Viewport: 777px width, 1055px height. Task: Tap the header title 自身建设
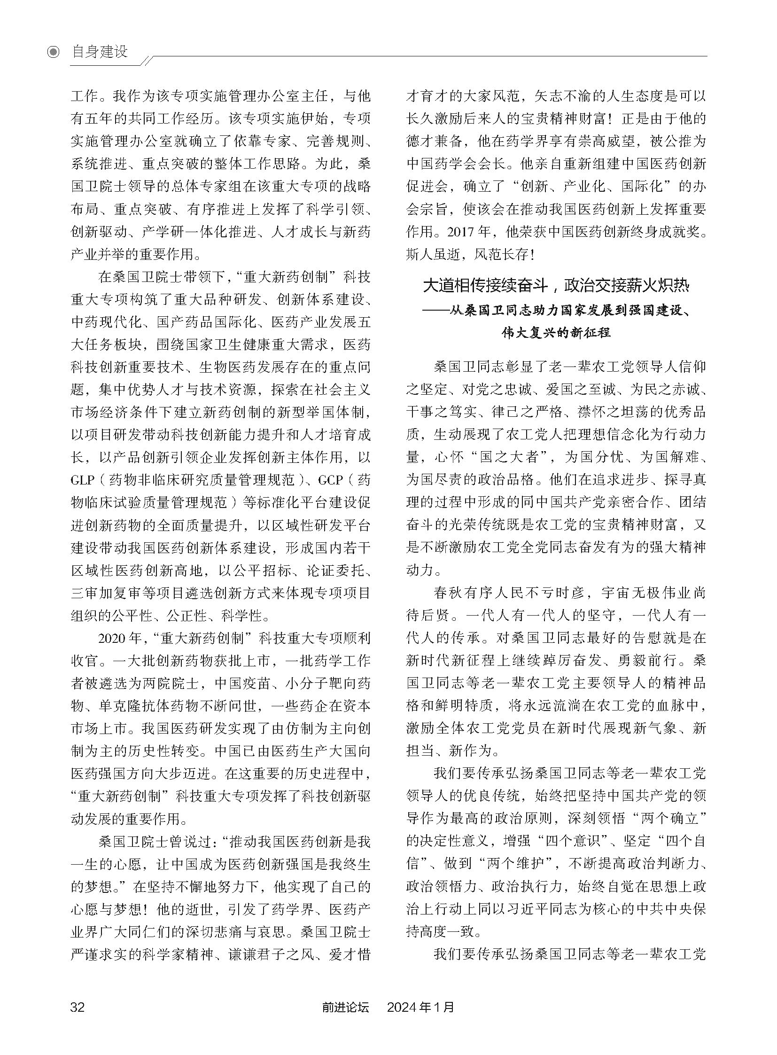[100, 51]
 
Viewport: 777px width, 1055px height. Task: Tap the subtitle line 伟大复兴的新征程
[556, 333]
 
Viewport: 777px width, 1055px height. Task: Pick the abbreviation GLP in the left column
[83, 480]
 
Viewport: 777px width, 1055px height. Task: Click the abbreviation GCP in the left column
[331, 480]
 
